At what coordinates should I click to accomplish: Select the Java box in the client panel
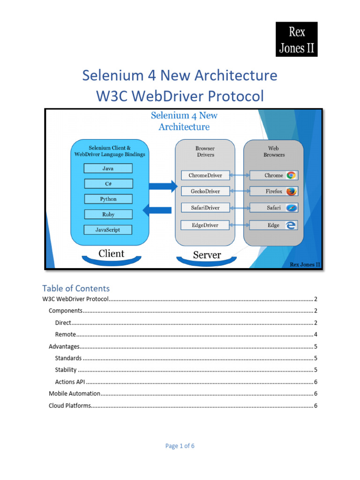point(108,168)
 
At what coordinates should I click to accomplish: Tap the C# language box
point(108,184)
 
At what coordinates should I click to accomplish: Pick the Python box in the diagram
point(108,199)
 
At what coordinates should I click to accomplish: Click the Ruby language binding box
point(108,214)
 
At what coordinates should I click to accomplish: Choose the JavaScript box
point(108,230)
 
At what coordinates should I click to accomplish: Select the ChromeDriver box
point(205,175)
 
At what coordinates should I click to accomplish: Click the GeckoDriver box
point(205,191)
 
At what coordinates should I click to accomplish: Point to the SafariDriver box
point(205,207)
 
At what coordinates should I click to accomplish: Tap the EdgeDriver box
point(205,225)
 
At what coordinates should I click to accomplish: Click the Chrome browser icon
point(291,175)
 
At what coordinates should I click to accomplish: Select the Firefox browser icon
point(291,191)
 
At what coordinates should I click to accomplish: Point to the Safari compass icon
point(291,207)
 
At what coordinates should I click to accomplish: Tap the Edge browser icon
point(291,225)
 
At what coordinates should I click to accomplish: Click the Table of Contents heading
point(76,288)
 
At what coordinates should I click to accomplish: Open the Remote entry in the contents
point(66,334)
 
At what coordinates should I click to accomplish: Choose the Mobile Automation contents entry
point(75,393)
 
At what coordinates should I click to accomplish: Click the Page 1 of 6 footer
point(180,446)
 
